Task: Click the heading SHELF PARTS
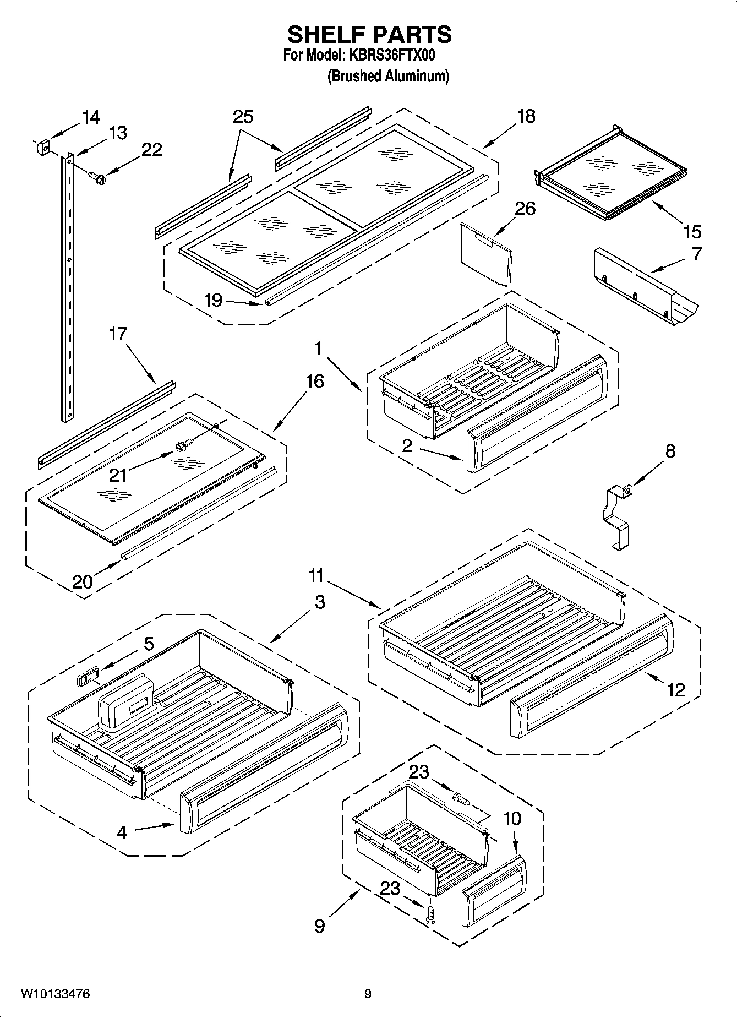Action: [x=369, y=35]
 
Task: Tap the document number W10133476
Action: [x=55, y=994]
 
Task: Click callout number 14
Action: [x=91, y=117]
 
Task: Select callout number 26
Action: [x=525, y=209]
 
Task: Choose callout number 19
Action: [x=213, y=300]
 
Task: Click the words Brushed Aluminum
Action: [x=388, y=77]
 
